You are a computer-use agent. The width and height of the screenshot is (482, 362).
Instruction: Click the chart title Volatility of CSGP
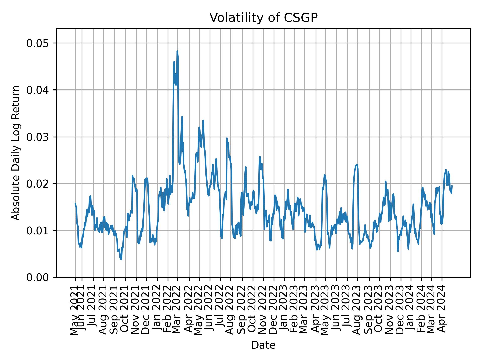click(263, 18)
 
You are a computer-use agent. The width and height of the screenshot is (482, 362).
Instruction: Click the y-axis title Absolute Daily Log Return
click(16, 153)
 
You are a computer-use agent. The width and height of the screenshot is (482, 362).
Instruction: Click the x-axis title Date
click(263, 345)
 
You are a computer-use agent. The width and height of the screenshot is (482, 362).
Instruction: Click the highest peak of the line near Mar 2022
click(177, 51)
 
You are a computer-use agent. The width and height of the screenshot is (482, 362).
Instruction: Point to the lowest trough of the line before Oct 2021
click(121, 259)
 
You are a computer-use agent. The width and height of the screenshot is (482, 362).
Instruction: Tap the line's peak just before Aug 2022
click(227, 138)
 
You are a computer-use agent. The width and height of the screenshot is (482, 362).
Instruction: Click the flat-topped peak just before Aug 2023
click(357, 165)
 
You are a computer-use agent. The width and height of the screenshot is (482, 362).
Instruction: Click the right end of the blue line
click(452, 186)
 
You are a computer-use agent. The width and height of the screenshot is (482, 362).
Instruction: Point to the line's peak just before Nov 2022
click(260, 157)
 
